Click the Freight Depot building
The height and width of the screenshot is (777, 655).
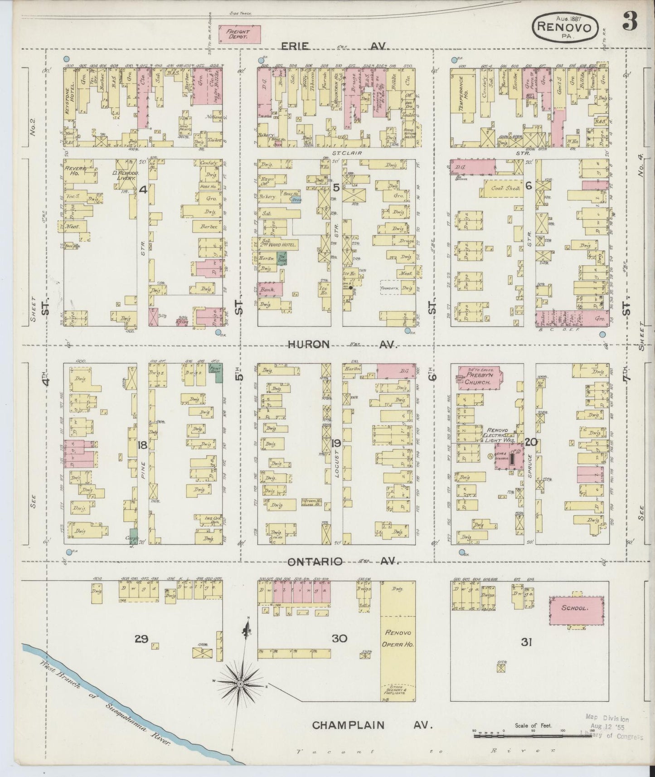pyautogui.click(x=239, y=34)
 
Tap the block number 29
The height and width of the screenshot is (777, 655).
pyautogui.click(x=141, y=639)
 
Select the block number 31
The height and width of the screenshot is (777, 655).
pyautogui.click(x=525, y=641)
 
